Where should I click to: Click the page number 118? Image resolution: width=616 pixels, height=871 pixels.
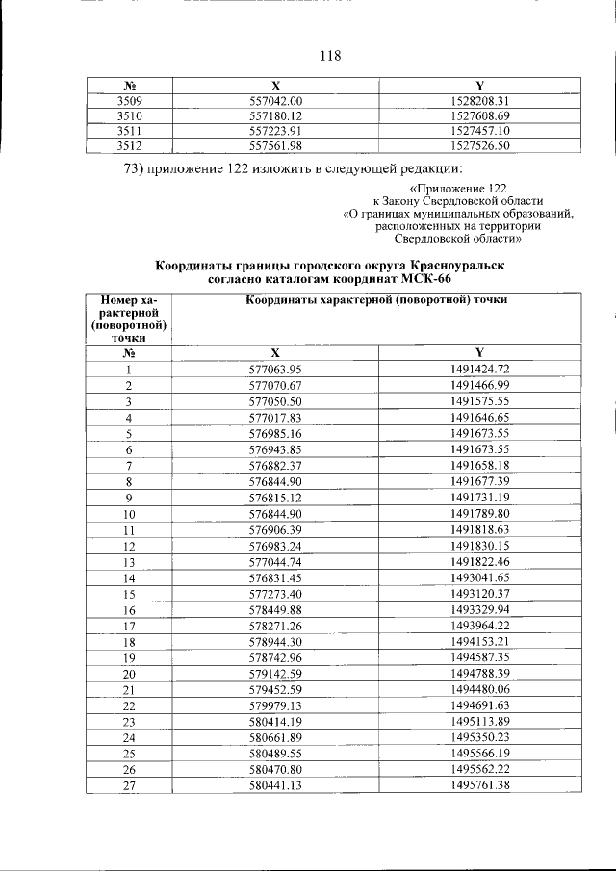(x=329, y=55)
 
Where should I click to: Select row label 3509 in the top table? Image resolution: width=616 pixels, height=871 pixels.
(x=128, y=100)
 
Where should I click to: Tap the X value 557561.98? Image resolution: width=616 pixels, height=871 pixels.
(x=275, y=146)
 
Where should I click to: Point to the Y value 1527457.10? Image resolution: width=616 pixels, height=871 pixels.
(x=479, y=131)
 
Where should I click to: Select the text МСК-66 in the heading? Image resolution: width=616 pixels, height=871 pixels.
(x=428, y=279)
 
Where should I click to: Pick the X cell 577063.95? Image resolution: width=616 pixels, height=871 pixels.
(x=275, y=369)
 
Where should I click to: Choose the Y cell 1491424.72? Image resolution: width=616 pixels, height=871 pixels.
(x=479, y=369)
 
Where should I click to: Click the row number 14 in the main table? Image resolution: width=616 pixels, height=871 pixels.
(x=128, y=577)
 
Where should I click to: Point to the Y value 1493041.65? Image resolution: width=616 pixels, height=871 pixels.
(x=479, y=577)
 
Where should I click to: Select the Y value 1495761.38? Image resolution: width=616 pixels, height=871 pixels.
(x=479, y=785)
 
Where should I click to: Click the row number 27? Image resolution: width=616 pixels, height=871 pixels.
(x=128, y=785)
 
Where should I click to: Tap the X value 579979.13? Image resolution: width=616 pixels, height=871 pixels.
(x=275, y=705)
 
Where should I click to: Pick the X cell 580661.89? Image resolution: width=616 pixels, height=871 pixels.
(x=275, y=737)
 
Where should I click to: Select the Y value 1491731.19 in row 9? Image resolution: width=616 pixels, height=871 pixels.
(x=479, y=497)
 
